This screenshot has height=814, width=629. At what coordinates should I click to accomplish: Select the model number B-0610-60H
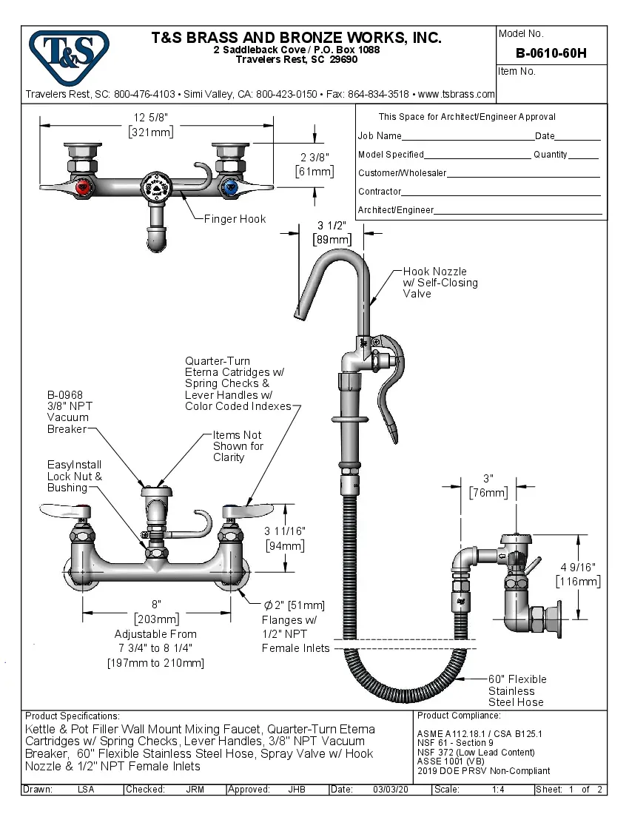[x=551, y=53]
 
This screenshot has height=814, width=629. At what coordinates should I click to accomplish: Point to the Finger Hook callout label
[x=235, y=219]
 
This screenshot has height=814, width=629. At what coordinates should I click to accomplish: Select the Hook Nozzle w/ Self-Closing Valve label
[x=440, y=283]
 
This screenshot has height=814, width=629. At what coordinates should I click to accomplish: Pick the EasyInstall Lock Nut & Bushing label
[x=74, y=476]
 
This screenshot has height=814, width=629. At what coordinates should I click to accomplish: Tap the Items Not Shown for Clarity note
[x=238, y=446]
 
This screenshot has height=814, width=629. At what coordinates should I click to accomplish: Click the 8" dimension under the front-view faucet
[x=156, y=605]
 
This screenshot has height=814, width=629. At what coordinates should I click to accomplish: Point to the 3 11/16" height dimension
[x=284, y=531]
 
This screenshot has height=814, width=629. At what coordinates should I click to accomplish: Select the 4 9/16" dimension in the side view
[x=579, y=567]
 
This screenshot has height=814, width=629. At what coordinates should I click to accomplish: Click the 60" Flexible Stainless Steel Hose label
[x=517, y=690]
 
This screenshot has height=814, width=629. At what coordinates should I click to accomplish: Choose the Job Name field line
[x=467, y=137]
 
